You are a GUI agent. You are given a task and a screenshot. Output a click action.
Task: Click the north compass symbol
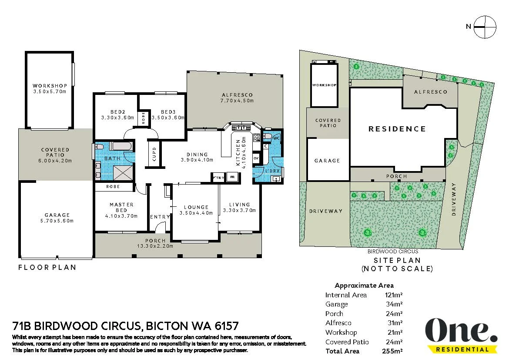coord(485,27)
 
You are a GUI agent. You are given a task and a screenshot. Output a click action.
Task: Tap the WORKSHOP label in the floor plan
coord(50,86)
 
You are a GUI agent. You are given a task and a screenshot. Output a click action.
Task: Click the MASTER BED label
coord(121,207)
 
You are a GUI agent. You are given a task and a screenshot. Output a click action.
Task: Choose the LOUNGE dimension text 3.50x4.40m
coord(196,213)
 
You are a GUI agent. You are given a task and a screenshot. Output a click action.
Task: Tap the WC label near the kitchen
coord(276,138)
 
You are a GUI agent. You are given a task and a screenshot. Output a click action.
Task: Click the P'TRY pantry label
coord(218,178)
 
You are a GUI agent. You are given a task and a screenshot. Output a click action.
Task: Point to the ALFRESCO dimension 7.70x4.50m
coord(237,101)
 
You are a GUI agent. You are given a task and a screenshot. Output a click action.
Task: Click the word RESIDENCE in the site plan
coord(397,129)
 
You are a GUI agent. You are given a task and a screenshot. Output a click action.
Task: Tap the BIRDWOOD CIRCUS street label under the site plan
coord(393,251)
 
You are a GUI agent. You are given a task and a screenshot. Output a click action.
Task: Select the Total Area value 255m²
coord(394,351)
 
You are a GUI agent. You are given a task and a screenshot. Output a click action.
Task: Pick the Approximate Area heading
coord(364,286)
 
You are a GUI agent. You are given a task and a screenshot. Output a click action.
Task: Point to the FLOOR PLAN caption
coord(47,267)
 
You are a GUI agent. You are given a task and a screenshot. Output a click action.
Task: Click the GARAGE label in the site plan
coord(327,161)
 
